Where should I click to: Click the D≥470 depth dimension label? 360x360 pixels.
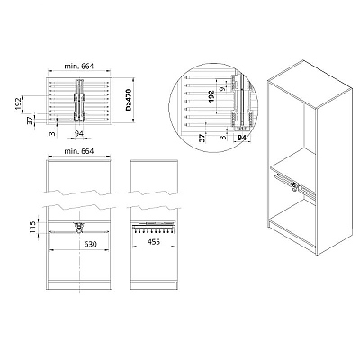(129, 100)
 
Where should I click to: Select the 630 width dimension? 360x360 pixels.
(90, 244)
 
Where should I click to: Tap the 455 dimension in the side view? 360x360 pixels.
(154, 241)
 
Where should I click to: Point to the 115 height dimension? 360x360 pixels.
(33, 227)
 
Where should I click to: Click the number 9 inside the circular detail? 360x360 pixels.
(221, 89)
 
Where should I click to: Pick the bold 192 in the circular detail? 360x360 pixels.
(211, 97)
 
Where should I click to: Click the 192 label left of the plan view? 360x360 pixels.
(19, 104)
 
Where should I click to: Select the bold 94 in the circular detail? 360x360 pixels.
(242, 138)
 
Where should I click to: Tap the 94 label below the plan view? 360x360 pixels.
(79, 133)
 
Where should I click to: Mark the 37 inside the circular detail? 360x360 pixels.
(202, 139)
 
